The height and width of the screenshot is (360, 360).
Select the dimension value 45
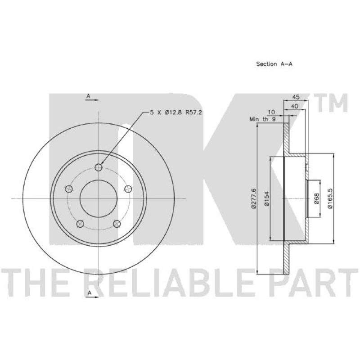click(x=296, y=97)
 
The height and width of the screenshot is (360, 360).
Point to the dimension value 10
click(x=271, y=112)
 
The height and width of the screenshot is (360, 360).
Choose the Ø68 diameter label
click(x=316, y=198)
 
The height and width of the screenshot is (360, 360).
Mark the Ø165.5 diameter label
click(x=329, y=198)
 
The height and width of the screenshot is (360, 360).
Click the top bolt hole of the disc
click(x=99, y=167)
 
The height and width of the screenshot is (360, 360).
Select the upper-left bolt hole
click(x=69, y=189)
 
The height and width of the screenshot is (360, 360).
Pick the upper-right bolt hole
click(x=128, y=189)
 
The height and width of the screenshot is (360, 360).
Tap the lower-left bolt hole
click(x=81, y=223)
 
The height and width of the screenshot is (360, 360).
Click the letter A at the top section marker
click(x=89, y=96)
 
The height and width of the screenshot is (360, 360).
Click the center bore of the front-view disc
click(x=99, y=198)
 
